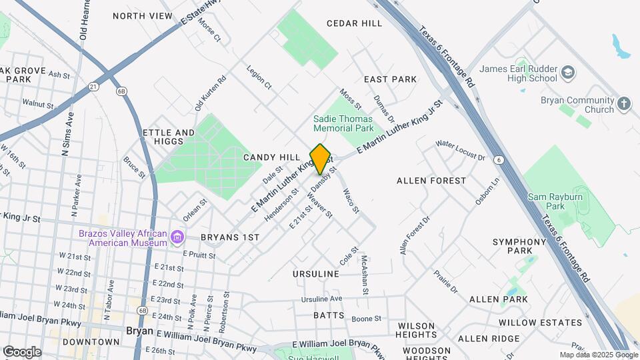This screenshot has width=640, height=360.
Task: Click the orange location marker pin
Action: click(321, 159)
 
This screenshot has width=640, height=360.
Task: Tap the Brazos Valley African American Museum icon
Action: click(177, 237)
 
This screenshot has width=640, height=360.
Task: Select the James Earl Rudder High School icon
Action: click(567, 72)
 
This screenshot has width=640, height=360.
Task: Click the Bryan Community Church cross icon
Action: click(623, 104)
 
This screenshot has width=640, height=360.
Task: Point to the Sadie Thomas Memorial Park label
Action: click(343, 123)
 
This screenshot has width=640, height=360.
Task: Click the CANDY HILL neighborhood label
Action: click(271, 157)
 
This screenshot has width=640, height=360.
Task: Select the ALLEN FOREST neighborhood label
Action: click(431, 181)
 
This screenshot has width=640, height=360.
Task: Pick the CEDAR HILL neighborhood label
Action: click(354, 23)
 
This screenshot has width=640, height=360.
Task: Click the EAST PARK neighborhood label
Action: click(390, 79)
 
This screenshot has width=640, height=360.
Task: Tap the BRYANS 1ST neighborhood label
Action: click(230, 237)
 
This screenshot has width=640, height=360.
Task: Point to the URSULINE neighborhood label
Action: click(316, 274)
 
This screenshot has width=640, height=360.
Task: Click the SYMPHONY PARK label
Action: click(519, 246)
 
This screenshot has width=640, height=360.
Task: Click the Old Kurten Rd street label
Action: click(210, 93)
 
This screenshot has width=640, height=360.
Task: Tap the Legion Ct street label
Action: click(259, 77)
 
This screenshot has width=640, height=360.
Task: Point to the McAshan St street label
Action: click(365, 274)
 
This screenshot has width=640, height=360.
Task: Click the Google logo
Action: click(22, 351)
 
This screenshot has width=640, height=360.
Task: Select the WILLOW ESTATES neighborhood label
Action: click(540, 323)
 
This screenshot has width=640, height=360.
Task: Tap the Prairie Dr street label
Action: click(445, 281)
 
